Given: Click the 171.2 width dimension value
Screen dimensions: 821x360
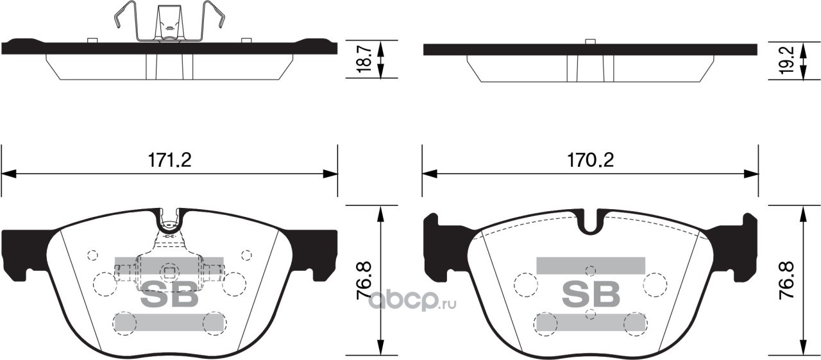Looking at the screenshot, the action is [x=169, y=160].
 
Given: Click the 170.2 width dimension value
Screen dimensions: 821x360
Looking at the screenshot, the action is [x=591, y=160].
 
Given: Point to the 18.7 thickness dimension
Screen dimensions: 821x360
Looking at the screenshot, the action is [x=365, y=60].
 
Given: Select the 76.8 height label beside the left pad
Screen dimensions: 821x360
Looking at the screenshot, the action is [x=364, y=281].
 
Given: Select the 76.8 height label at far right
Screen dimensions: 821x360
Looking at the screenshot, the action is [x=786, y=281].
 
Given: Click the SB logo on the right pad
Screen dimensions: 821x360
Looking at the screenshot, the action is [x=591, y=293].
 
